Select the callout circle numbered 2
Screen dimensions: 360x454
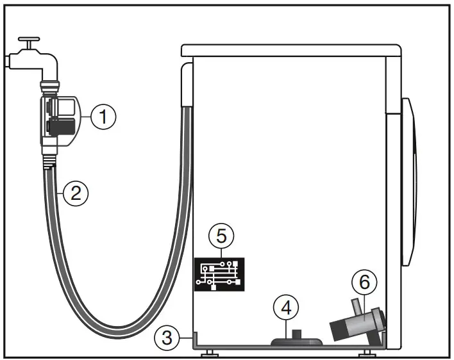pos(75,193)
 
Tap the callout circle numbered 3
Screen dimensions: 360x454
pos(167,337)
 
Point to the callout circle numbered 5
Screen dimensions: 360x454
pos(221,236)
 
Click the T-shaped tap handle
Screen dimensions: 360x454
pos(29,44)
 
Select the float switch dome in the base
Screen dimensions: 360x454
pos(292,341)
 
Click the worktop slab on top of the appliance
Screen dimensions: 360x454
pos(291,51)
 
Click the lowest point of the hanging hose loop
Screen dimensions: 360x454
pos(112,335)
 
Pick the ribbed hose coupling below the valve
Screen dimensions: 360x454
pos(49,163)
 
